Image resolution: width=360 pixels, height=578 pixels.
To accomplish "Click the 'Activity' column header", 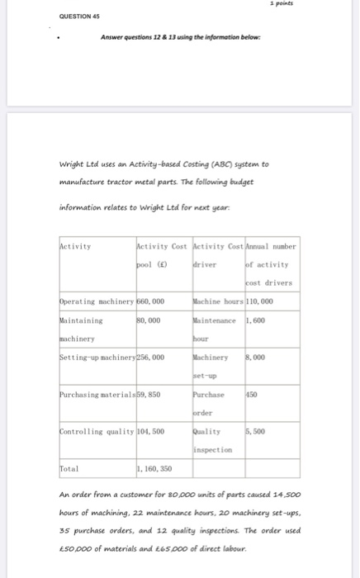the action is tap(76, 245).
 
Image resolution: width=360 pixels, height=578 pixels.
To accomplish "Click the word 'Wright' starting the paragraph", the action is tap(72, 163).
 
